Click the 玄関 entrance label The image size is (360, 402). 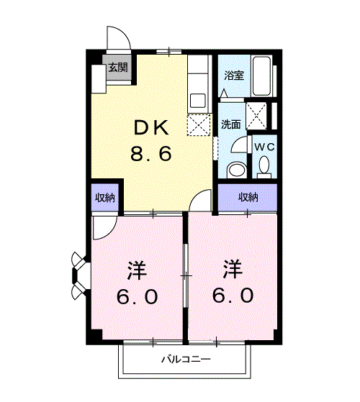[118, 68]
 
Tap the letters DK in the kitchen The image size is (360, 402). [150, 129]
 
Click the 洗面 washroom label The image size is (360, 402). [230, 123]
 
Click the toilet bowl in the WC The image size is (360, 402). [264, 168]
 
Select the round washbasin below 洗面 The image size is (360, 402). [235, 170]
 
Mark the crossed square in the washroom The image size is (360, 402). [255, 114]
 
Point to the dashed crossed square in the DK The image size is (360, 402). [197, 124]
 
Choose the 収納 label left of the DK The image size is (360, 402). [106, 197]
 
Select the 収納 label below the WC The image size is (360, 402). [248, 197]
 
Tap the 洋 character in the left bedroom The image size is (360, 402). [137, 272]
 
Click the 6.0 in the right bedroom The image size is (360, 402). [232, 295]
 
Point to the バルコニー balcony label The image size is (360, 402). [185, 359]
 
